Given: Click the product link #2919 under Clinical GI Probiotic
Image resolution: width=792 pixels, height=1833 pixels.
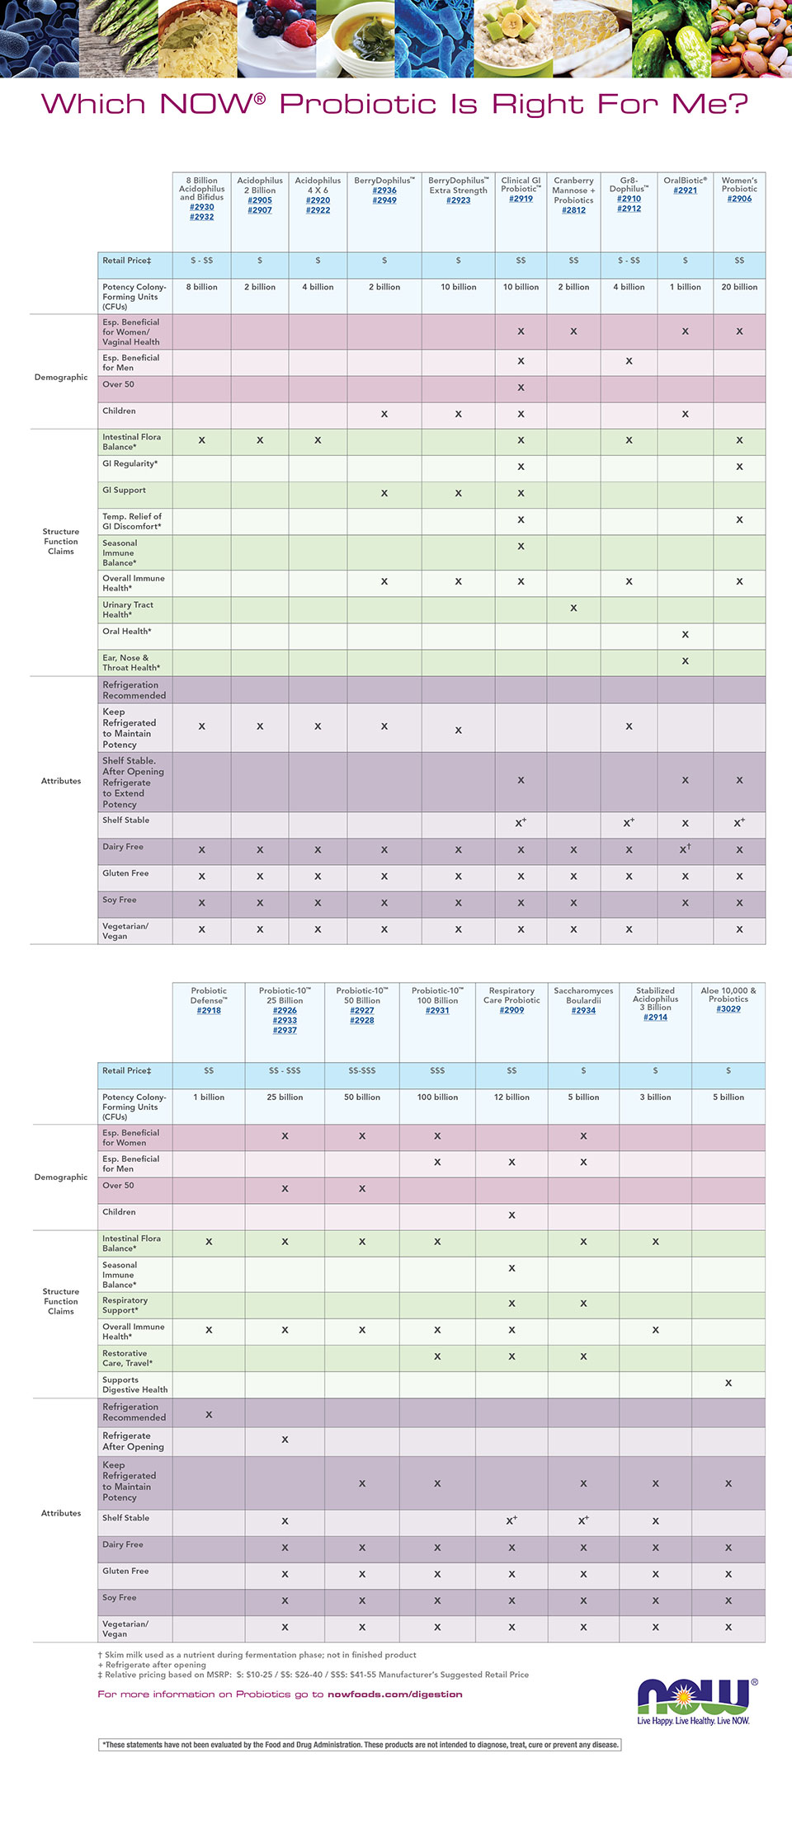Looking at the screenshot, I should pos(521,199).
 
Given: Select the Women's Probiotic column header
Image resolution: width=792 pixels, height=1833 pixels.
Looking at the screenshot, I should pos(739,185).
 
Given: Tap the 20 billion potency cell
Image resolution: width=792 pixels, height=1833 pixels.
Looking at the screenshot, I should pos(739,287).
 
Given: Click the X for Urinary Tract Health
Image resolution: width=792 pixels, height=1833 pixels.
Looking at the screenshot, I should pos(573,608).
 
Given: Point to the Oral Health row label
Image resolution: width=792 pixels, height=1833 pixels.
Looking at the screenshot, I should pos(127,632).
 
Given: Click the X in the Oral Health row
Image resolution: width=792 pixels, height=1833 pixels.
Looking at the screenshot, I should pos(685,634).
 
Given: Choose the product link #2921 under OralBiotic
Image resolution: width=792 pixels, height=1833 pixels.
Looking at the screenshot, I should pos(685,190).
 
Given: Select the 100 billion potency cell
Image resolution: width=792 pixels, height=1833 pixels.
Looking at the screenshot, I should pos(437,1097).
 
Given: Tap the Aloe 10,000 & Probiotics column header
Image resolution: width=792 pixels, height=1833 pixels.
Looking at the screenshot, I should pos(728,994).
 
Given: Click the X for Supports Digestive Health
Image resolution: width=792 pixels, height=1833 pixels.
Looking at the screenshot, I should pos(728,1383).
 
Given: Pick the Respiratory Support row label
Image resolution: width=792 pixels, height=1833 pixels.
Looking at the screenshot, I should pos(125,1305).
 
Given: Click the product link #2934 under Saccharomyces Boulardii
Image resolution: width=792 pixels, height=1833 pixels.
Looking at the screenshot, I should pos(583,1010).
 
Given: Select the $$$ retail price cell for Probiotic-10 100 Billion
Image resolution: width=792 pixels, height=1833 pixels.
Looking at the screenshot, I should pos(437,1071).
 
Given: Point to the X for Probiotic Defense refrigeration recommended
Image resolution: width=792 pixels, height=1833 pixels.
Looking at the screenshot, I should pos(209,1414).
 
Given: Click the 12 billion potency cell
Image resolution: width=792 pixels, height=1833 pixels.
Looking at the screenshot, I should pos(511,1097).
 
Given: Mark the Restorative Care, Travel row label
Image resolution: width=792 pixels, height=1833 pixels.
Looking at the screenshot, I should pos(128,1358).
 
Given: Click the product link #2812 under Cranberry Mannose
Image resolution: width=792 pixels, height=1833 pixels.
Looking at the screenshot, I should pos(573,210).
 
